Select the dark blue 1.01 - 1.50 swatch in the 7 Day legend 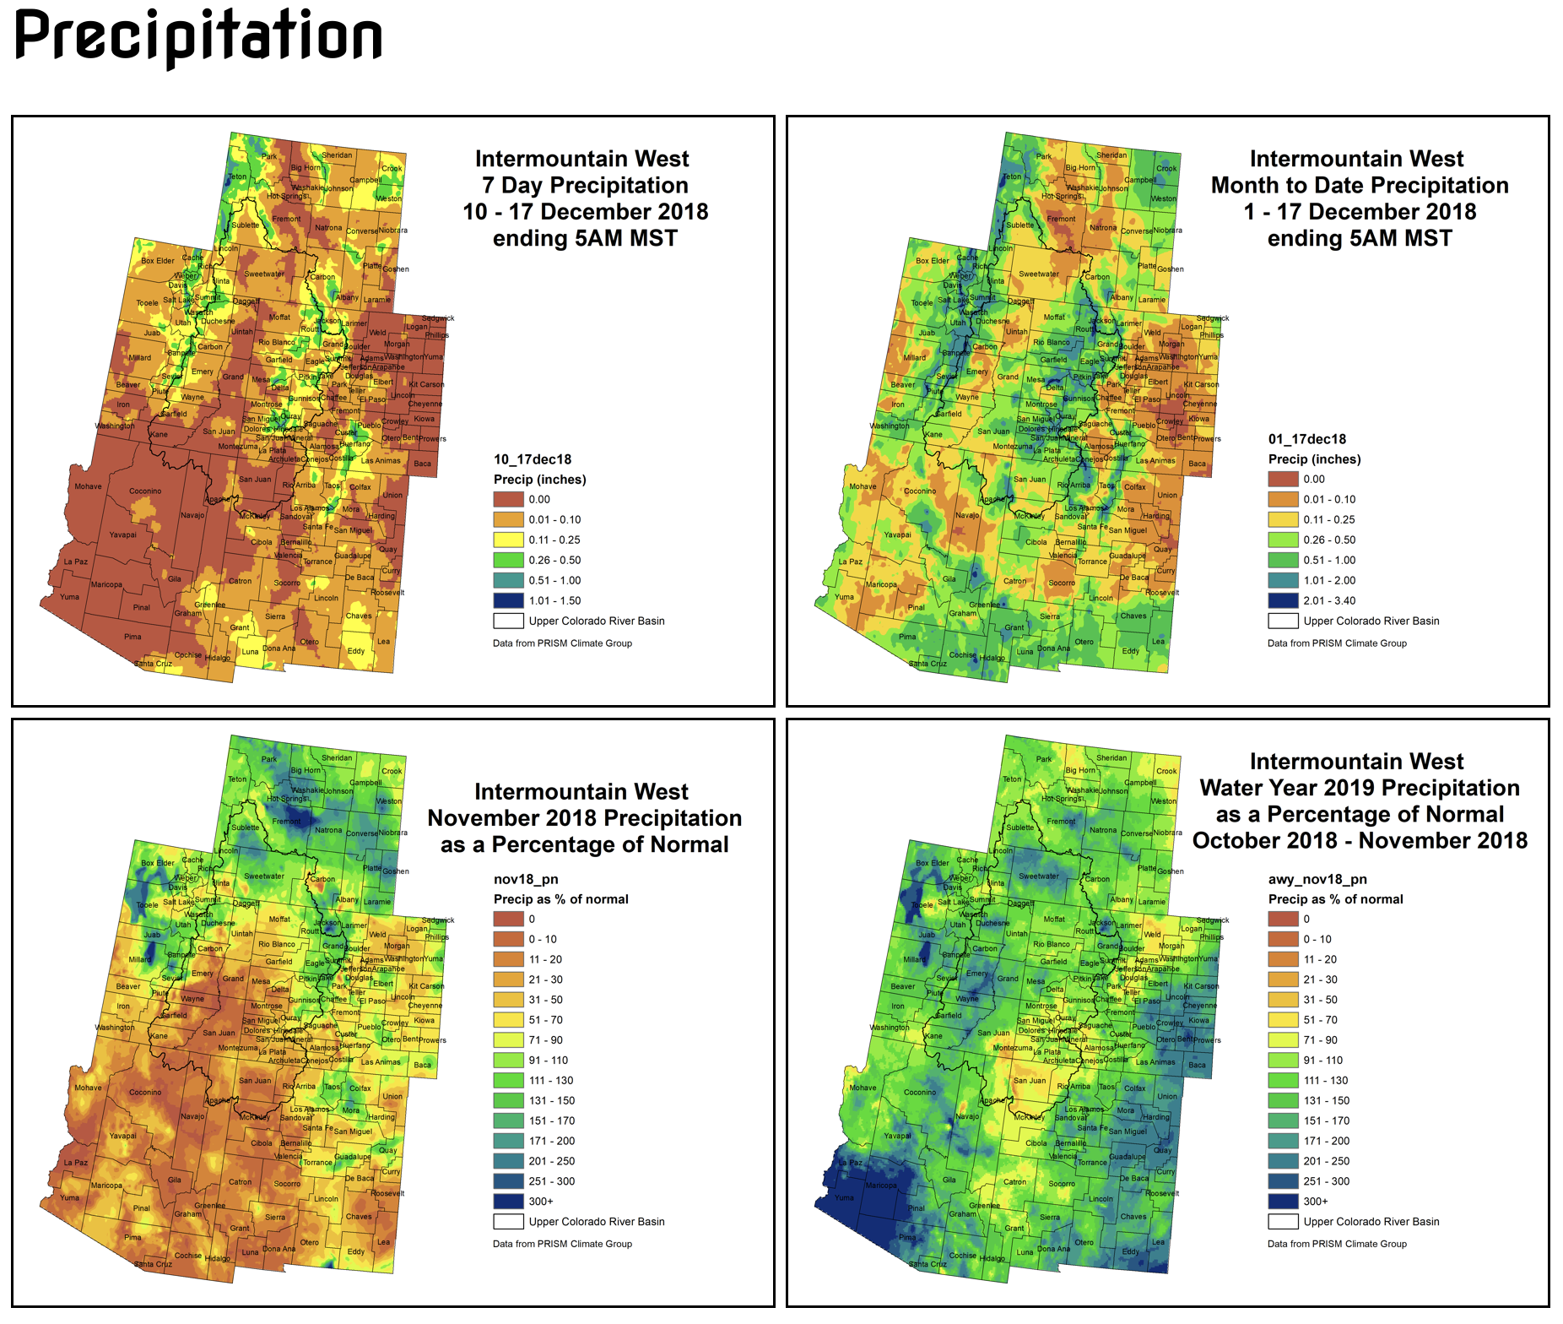(508, 600)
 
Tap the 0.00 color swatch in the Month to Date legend (1283, 479)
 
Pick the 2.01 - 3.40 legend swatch (1283, 600)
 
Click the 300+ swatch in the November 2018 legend (508, 1201)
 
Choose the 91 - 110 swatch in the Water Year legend (1283, 1060)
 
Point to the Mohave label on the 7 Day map (88, 486)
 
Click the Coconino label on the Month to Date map (920, 491)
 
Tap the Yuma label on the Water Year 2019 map (844, 1197)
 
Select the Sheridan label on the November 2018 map (337, 757)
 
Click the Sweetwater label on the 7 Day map (264, 274)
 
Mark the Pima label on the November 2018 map (133, 1237)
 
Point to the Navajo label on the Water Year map (967, 1116)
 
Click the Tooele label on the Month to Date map (922, 302)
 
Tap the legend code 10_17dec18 (533, 459)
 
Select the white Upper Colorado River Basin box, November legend (508, 1221)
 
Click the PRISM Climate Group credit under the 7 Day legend (562, 643)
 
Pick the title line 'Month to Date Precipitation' (1359, 185)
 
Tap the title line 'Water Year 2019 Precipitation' (1359, 788)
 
